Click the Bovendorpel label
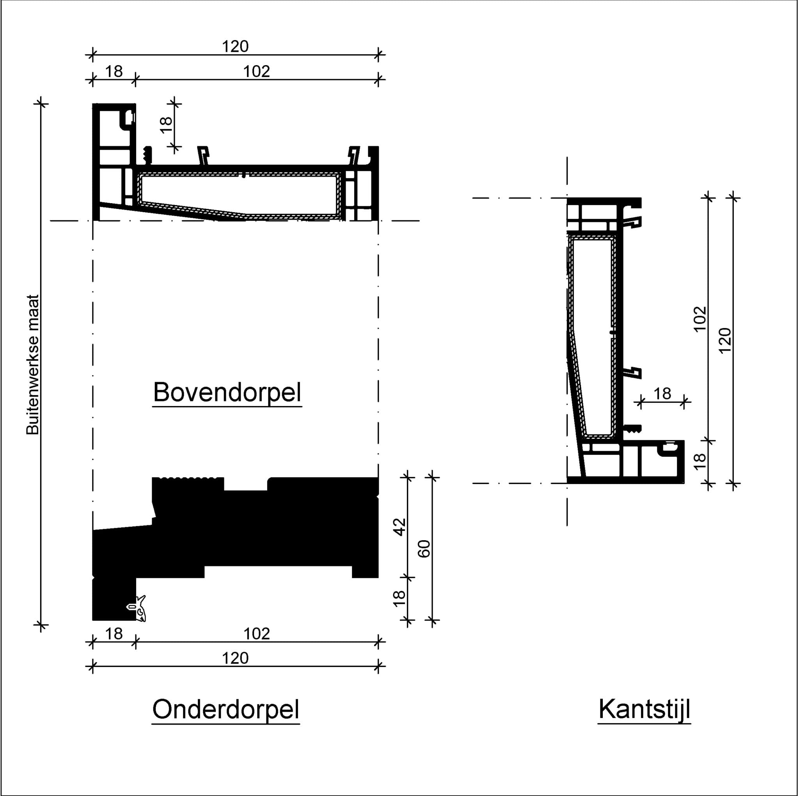(227, 392)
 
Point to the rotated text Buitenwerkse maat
(32, 365)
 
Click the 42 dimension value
(400, 527)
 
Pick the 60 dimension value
(424, 549)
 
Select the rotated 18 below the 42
(399, 598)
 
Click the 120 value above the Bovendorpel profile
(235, 46)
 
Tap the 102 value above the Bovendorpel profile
(256, 71)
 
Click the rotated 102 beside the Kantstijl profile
(700, 319)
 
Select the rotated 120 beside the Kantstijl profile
(725, 341)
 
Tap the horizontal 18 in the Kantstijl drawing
(662, 394)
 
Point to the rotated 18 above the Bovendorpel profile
(166, 124)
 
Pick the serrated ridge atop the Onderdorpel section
(188, 479)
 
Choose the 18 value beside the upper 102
(114, 71)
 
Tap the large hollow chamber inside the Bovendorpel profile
(239, 194)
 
